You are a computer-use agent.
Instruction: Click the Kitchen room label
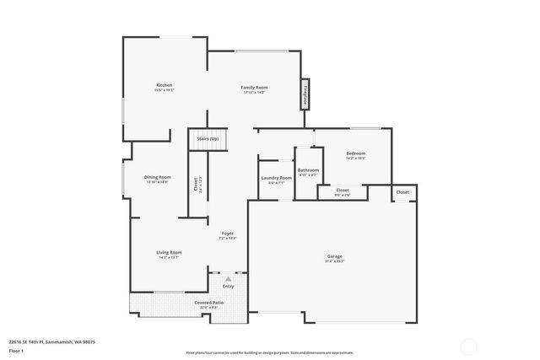coord(164,86)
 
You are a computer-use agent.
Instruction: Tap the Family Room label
coord(254,88)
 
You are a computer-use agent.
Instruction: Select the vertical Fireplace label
coord(305,94)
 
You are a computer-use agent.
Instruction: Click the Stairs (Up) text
coord(208,137)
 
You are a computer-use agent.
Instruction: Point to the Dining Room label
coord(157,177)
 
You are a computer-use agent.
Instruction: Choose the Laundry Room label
coord(276,178)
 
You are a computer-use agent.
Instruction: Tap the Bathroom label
coord(308,170)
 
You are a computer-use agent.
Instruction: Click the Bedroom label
coord(355,153)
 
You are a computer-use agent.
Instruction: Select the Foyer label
coord(228,233)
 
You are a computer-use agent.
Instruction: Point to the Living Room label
coord(169,252)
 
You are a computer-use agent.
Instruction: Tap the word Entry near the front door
coord(228,286)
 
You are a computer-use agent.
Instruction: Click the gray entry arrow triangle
coord(228,277)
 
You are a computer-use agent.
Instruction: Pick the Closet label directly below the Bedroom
coord(342,191)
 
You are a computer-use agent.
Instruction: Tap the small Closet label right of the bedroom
coord(402,192)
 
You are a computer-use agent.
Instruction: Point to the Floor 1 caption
coord(17,350)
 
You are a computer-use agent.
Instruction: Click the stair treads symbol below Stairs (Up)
coord(208,148)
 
